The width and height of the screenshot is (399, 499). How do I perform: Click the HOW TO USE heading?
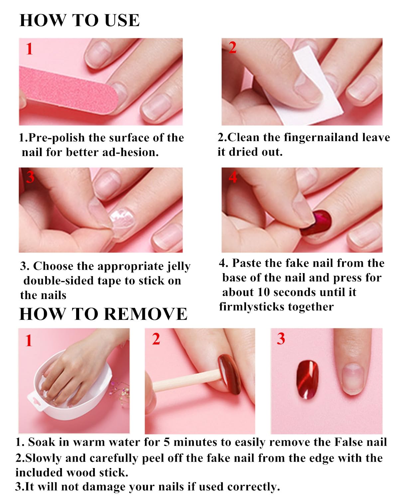pyautogui.click(x=79, y=20)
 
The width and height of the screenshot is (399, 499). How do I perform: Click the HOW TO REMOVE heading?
pyautogui.click(x=103, y=314)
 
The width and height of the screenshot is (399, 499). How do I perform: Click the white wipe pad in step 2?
pyautogui.click(x=311, y=88)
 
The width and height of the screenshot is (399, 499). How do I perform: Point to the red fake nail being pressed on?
pyautogui.click(x=317, y=223)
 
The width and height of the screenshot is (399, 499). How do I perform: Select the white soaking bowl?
pyautogui.click(x=72, y=392)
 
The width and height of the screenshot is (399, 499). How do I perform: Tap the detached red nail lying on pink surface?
pyautogui.click(x=308, y=380)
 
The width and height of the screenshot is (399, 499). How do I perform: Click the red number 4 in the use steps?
pyautogui.click(x=233, y=177)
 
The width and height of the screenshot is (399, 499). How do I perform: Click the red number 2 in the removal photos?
pyautogui.click(x=156, y=339)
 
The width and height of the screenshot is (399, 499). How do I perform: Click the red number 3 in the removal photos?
pyautogui.click(x=281, y=339)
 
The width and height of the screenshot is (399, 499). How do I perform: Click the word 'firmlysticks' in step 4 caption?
pyautogui.click(x=252, y=307)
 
